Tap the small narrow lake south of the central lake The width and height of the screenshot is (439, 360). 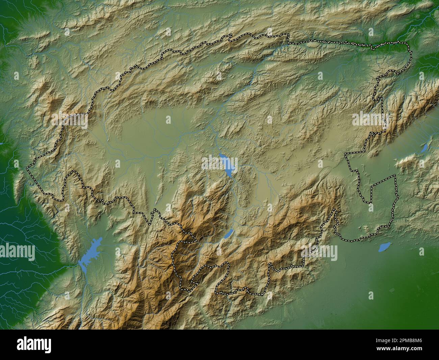[x=229, y=234]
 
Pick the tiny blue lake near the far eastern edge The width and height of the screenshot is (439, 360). [x=424, y=148]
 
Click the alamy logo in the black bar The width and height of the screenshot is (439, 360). [x=34, y=345]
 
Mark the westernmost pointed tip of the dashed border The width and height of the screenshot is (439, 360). [x=28, y=167]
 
